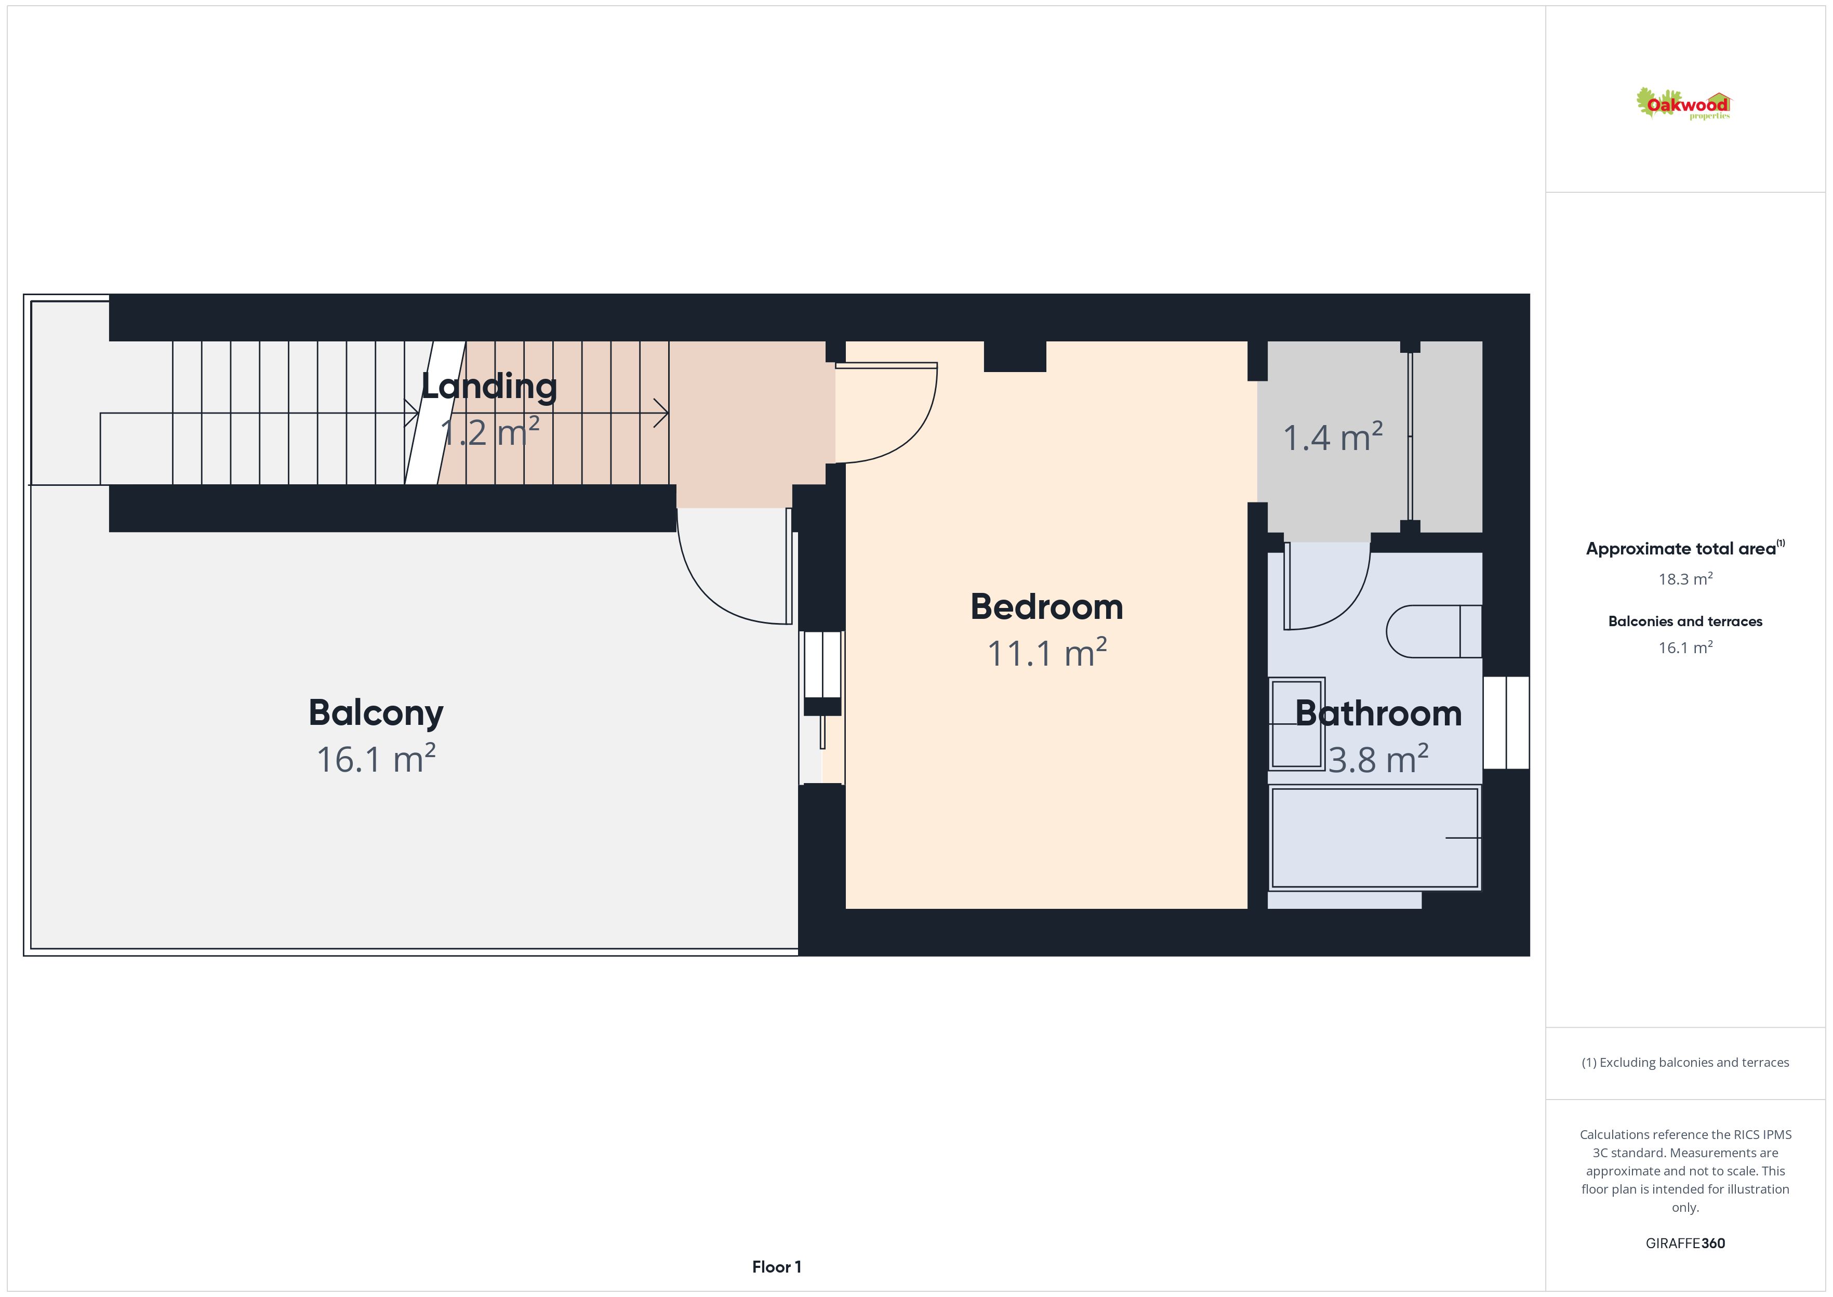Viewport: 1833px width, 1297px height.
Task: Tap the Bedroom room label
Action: click(x=1046, y=607)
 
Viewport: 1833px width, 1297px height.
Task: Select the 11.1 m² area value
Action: click(x=1046, y=653)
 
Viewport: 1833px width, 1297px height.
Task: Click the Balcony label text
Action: click(x=376, y=713)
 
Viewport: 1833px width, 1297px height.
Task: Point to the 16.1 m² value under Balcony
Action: click(x=376, y=759)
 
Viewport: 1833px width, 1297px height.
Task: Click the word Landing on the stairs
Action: click(x=488, y=387)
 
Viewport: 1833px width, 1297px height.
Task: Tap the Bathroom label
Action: click(x=1378, y=713)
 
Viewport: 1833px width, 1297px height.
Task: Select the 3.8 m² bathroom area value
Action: click(x=1378, y=759)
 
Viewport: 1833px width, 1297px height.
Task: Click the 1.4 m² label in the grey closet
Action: click(x=1333, y=437)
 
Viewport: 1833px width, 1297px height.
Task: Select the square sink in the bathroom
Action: click(x=1296, y=723)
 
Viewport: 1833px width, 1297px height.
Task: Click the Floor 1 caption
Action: click(x=776, y=1267)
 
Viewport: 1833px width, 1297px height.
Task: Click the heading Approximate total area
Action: click(x=1681, y=549)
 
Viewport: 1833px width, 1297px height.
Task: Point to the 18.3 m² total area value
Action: click(x=1685, y=578)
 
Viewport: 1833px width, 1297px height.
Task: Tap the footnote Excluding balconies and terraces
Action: click(x=1685, y=1062)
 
